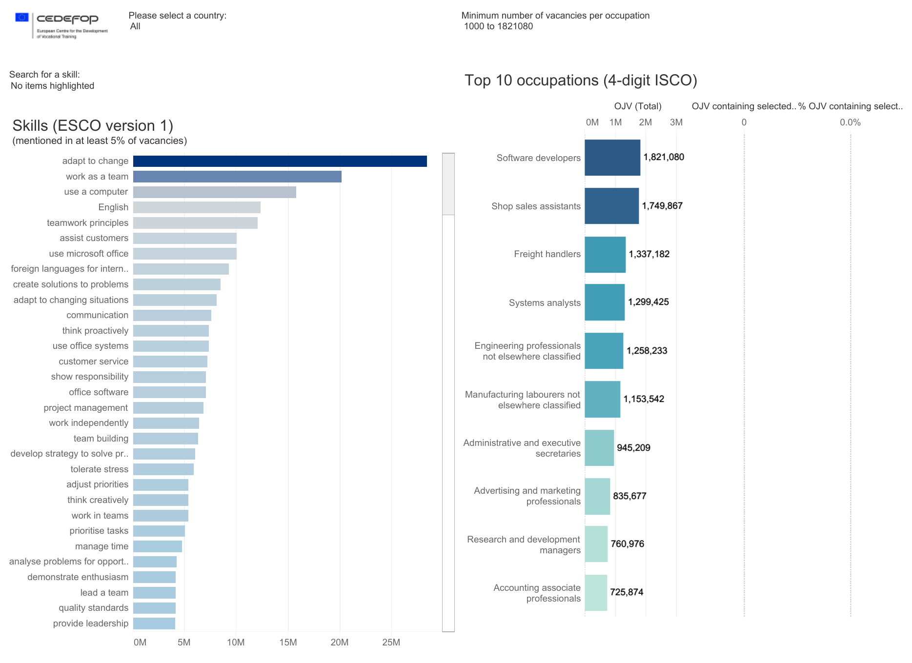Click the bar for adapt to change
[x=280, y=161]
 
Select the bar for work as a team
[x=237, y=177]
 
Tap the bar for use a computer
[x=214, y=192]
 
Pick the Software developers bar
[x=612, y=158]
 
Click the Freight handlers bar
[x=605, y=255]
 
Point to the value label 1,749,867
[x=662, y=206]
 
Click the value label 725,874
[x=627, y=592]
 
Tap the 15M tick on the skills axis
[x=288, y=643]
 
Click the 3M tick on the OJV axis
[x=676, y=122]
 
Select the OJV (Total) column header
[x=638, y=106]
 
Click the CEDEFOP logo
[x=67, y=19]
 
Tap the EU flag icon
[x=22, y=18]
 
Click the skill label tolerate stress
[x=100, y=469]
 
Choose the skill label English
[x=113, y=207]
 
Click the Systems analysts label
[x=545, y=303]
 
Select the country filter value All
[x=135, y=26]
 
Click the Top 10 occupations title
[x=581, y=80]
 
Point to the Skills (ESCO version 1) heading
[x=93, y=126]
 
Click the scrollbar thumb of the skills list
[x=448, y=184]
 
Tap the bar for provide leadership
[x=154, y=623]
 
